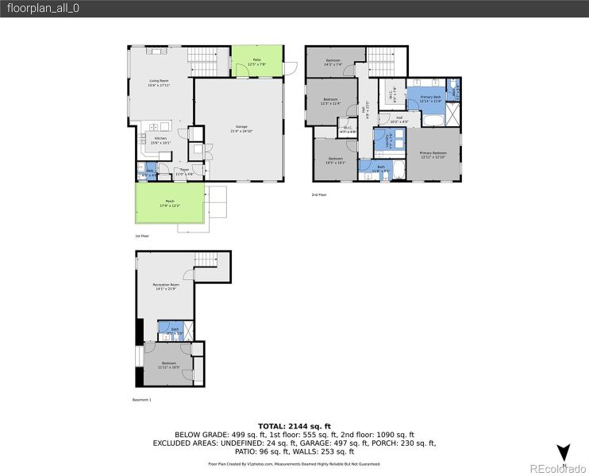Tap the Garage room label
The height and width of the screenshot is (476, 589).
pos(238,131)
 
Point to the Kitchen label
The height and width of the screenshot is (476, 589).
pos(150,140)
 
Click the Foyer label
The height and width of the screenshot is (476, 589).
pos(184,171)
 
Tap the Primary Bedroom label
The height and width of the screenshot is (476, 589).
pos(433,154)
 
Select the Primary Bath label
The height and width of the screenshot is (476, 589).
pos(430,98)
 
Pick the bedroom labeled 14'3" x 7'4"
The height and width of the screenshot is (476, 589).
pos(334,62)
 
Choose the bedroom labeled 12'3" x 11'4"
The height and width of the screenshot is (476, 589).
pos(330,101)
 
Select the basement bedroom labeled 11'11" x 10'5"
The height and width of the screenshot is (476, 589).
pos(167,365)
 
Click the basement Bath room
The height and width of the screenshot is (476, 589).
pos(174,329)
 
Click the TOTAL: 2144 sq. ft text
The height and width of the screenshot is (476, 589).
pos(294,427)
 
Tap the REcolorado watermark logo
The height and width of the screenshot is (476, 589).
pos(560,467)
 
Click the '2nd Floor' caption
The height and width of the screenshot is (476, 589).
pos(321,194)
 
